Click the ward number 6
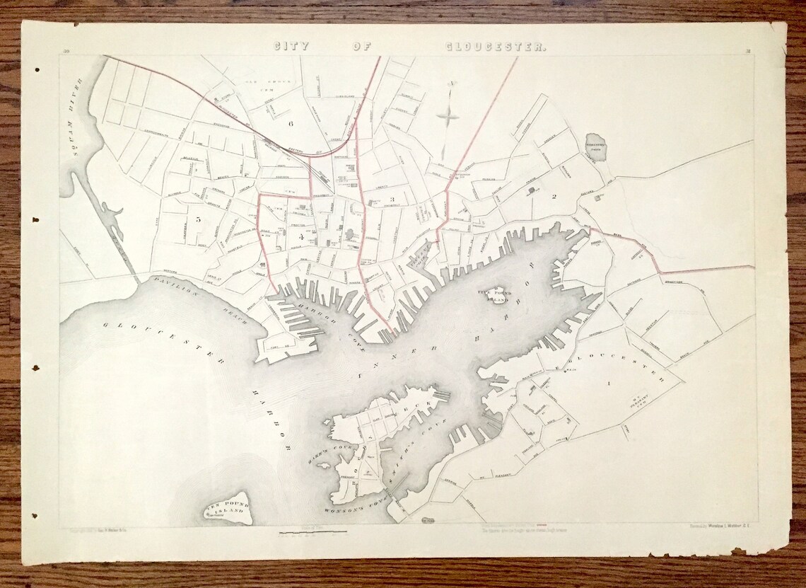pyautogui.click(x=290, y=123)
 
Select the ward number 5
pyautogui.click(x=199, y=219)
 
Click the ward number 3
pyautogui.click(x=391, y=200)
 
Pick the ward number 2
pyautogui.click(x=555, y=197)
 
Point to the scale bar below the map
pyautogui.click(x=313, y=531)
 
